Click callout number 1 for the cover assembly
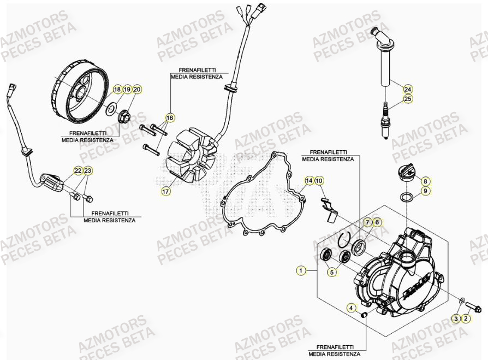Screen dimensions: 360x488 tap(300, 269)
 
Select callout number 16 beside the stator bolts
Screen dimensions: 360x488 tap(170, 117)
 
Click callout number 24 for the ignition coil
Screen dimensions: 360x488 tap(407, 88)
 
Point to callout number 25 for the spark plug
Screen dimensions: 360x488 tap(407, 99)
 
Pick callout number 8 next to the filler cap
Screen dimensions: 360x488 tap(425, 180)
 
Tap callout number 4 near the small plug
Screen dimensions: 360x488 tap(352, 308)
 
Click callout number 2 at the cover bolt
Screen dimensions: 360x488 tap(466, 317)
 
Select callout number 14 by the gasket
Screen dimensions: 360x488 tap(310, 180)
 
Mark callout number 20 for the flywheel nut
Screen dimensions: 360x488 tap(136, 89)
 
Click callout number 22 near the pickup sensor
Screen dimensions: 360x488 tap(78, 171)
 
